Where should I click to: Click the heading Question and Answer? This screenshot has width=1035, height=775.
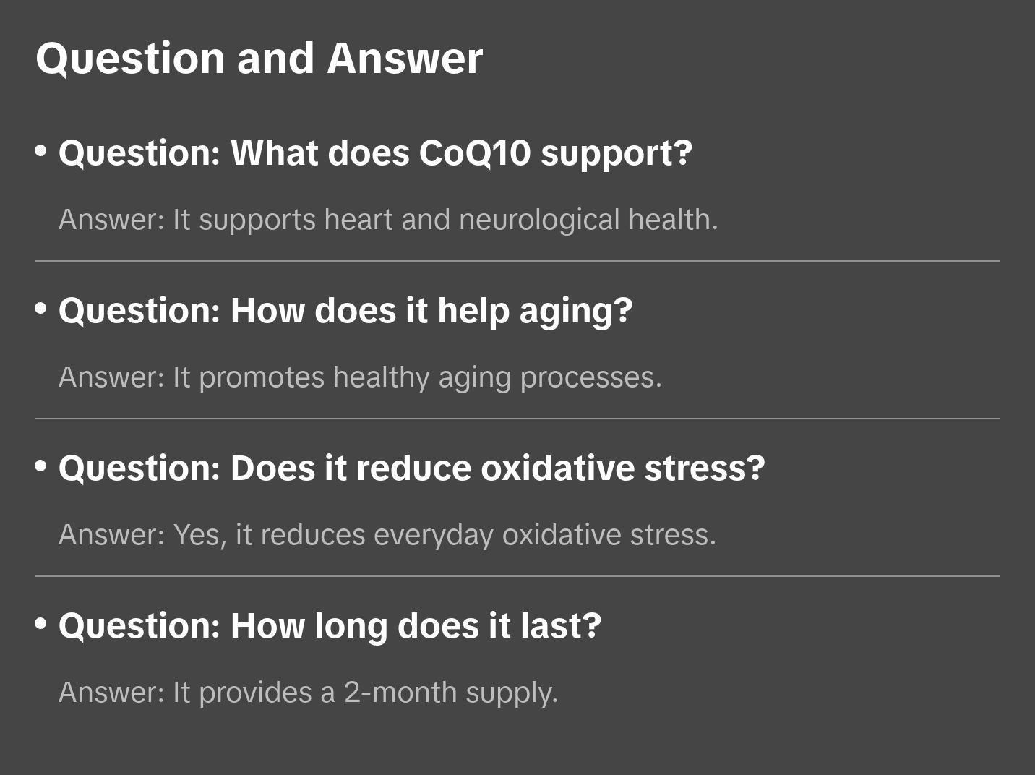tap(259, 59)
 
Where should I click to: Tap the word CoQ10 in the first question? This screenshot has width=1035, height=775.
tap(474, 153)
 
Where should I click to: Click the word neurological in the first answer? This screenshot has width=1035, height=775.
tap(539, 220)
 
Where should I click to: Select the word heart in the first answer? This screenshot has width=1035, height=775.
tap(358, 220)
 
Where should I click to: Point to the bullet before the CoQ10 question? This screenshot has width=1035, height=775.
tap(41, 151)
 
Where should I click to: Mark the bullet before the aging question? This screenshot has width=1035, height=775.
tap(41, 309)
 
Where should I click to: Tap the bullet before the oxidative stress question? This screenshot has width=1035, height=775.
tap(41, 466)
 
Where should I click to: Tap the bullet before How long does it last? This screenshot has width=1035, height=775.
tap(41, 624)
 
